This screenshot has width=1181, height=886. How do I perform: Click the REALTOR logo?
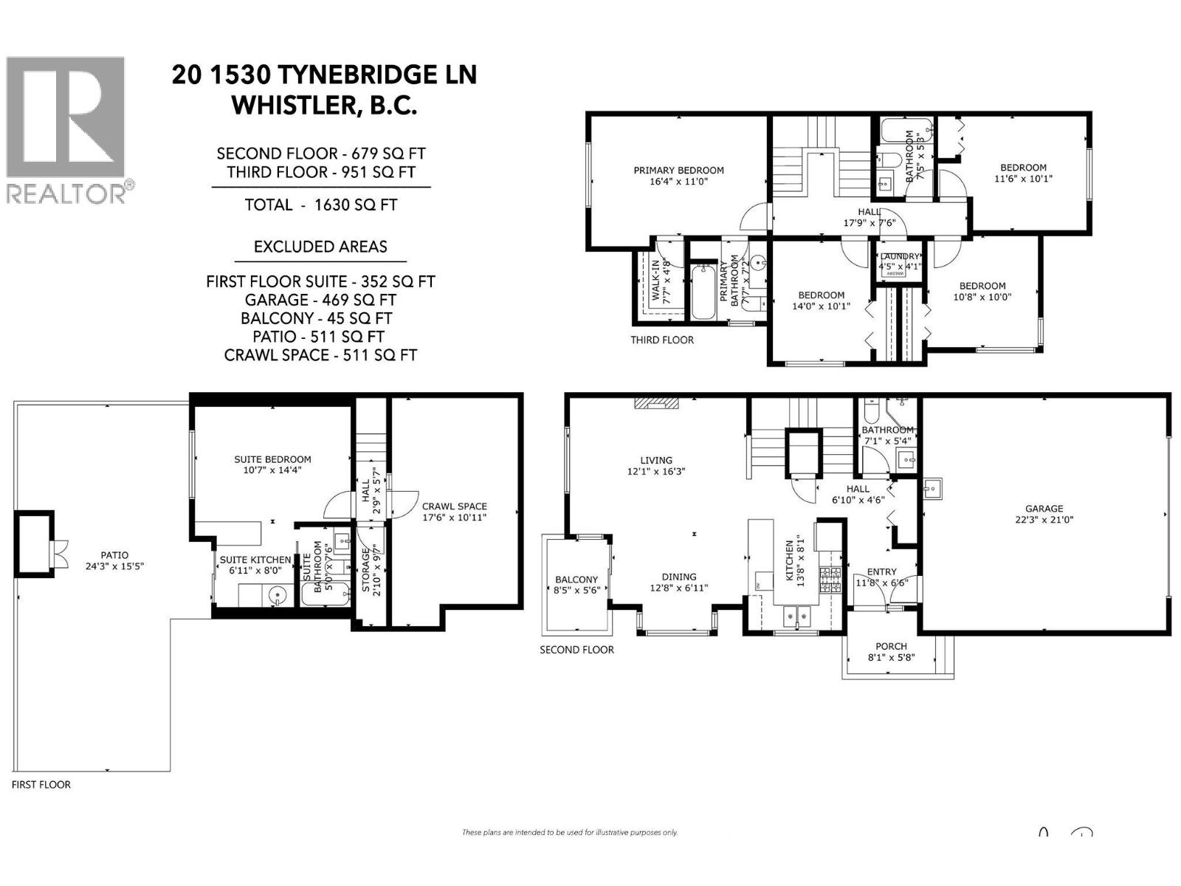[x=69, y=129]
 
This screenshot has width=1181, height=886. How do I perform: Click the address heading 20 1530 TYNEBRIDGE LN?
[x=324, y=75]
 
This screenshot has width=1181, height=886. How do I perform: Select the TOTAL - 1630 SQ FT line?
[x=321, y=205]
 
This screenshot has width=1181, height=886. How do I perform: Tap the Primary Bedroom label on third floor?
[x=678, y=175]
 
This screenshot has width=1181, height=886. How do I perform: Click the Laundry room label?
[x=900, y=261]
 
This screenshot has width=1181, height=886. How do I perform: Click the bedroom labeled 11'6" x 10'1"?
[x=1023, y=173]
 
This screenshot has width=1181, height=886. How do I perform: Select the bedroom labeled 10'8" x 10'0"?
[x=982, y=291]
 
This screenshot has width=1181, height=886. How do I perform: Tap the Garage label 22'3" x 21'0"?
[x=1044, y=513]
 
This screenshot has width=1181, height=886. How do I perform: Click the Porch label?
[x=891, y=651]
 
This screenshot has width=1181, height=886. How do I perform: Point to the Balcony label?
[x=576, y=585]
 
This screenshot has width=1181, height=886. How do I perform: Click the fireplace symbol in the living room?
[x=655, y=403]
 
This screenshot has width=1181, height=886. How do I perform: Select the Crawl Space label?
[x=454, y=512]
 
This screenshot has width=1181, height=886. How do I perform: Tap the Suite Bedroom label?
[x=272, y=464]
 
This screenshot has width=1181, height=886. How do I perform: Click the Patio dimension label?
[x=114, y=566]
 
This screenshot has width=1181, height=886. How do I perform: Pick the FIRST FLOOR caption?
[x=41, y=784]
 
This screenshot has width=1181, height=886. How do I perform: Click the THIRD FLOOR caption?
[x=661, y=340]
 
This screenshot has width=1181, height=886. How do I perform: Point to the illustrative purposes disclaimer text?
[x=569, y=832]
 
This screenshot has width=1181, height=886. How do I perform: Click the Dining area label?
[x=678, y=582]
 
